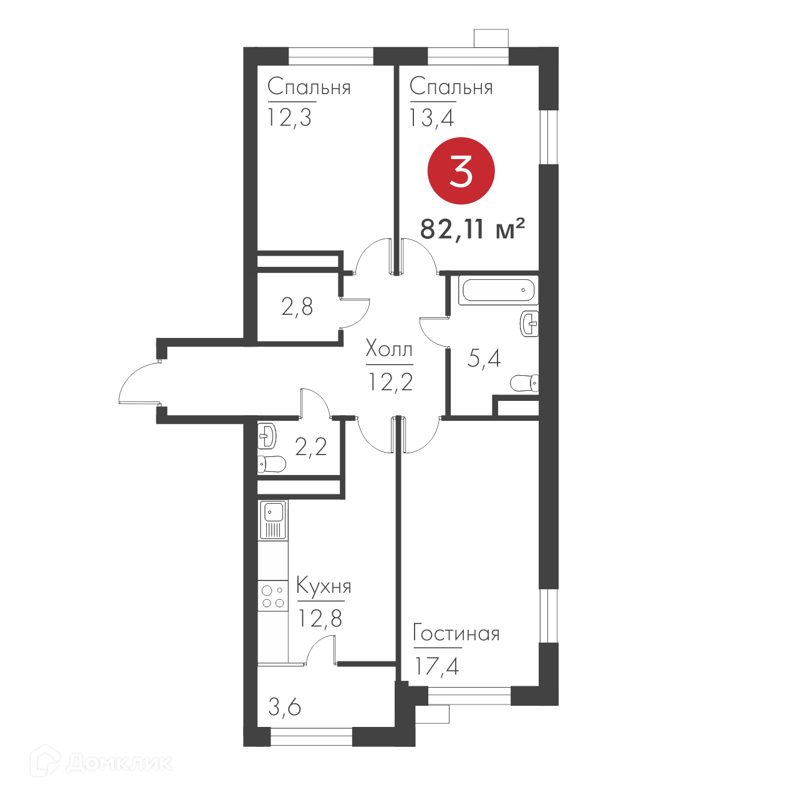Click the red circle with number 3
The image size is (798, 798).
tap(461, 171)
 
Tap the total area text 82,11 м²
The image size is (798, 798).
tap(473, 229)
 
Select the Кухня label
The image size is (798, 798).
tap(324, 587)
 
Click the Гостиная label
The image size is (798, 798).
tap(456, 633)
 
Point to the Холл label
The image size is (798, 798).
tap(389, 350)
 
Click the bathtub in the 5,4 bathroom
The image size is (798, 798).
tap(499, 290)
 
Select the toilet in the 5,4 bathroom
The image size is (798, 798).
tap(524, 383)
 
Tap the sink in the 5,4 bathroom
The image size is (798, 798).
tap(529, 324)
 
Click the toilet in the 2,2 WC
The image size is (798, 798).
tap(271, 464)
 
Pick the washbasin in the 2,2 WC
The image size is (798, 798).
tap(267, 436)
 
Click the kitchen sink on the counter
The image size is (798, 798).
tap(273, 520)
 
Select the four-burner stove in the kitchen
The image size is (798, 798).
tap(273, 596)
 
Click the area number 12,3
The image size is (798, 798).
tap(289, 118)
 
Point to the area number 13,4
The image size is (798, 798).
tap(431, 118)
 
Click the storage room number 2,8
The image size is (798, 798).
tap(297, 307)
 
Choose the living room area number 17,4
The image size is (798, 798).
tap(437, 666)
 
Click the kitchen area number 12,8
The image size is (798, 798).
tap(320, 618)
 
